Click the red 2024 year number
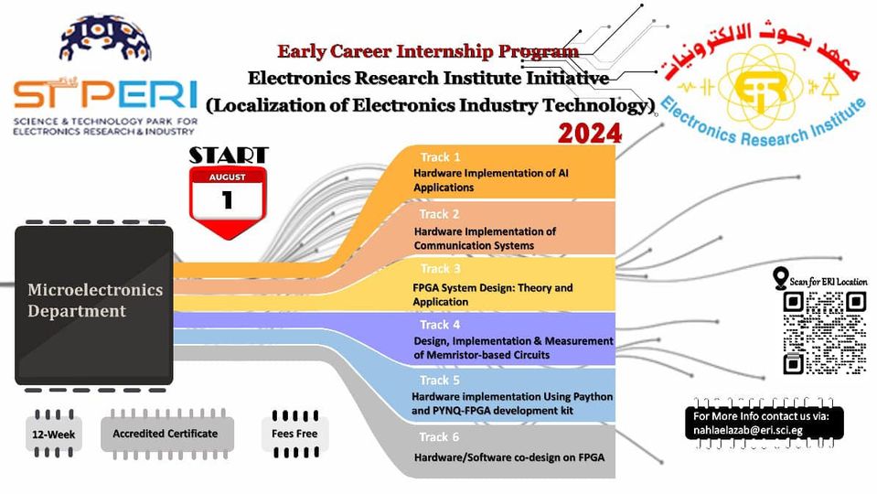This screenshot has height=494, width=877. pyautogui.click(x=590, y=134)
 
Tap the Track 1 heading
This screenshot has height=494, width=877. pyautogui.click(x=440, y=157)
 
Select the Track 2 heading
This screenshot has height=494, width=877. pyautogui.click(x=440, y=214)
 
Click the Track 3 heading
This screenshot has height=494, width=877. pyautogui.click(x=441, y=269)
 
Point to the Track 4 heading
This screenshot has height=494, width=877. pyautogui.click(x=440, y=325)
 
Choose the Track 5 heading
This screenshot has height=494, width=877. pyautogui.click(x=440, y=381)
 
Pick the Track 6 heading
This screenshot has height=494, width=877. pyautogui.click(x=440, y=437)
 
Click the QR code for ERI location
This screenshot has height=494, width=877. pyautogui.click(x=825, y=332)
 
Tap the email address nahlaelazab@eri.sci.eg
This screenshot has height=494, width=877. pyautogui.click(x=748, y=430)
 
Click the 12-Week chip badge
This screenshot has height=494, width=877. pyautogui.click(x=54, y=435)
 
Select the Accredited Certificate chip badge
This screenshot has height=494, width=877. pyautogui.click(x=166, y=435)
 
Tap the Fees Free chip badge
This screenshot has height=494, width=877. pyautogui.click(x=294, y=435)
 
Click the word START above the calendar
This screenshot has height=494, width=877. pyautogui.click(x=229, y=155)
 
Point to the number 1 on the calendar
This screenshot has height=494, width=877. pyautogui.click(x=227, y=199)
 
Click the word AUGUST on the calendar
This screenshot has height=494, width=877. pyautogui.click(x=228, y=177)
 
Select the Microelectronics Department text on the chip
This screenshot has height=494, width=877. pyautogui.click(x=95, y=300)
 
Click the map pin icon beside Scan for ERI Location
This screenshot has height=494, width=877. pyautogui.click(x=780, y=278)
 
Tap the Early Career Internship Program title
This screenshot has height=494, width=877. pyautogui.click(x=428, y=51)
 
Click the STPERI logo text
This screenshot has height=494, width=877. pyautogui.click(x=106, y=93)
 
